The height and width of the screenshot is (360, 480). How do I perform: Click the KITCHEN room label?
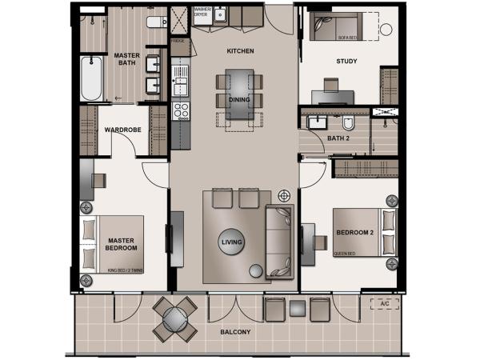tap(240, 51)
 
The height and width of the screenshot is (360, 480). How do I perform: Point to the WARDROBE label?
tap(123, 129)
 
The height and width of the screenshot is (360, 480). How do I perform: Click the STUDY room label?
tap(346, 61)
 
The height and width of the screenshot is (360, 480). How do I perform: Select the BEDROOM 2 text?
tap(355, 233)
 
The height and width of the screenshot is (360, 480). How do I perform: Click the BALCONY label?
tap(238, 332)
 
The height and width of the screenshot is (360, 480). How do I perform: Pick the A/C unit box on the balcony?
tap(384, 304)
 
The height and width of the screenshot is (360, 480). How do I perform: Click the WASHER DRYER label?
tap(202, 12)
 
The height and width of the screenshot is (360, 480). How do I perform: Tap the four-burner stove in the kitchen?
tap(182, 110)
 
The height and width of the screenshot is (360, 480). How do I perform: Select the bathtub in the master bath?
tap(91, 78)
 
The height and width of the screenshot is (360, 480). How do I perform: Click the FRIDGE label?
tap(177, 39)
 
